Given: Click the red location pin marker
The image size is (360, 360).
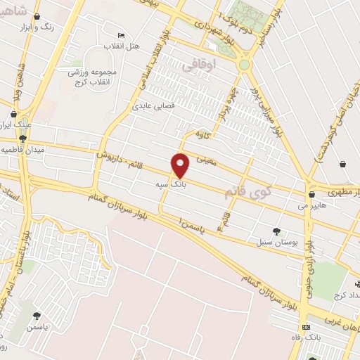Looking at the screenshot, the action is coord(181,164).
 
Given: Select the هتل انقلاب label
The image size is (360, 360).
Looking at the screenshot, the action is coord(122,46).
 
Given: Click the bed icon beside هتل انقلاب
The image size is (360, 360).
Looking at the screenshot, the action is coord(121,36).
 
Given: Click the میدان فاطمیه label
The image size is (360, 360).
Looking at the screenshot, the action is coord(19,150).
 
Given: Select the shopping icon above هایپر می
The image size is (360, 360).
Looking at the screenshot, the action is coord(311,195).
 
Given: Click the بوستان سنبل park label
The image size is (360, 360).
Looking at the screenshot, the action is coord(276,241).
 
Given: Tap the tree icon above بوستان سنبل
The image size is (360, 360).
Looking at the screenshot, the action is coord(276,231).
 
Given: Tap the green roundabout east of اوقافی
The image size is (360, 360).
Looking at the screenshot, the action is coord(245,65).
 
